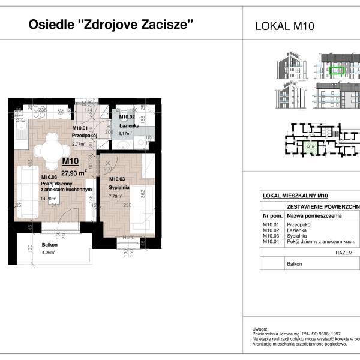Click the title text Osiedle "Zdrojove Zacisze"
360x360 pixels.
(111, 25)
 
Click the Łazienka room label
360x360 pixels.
(129, 127)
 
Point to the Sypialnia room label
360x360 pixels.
(119, 187)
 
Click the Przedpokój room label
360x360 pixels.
(85, 136)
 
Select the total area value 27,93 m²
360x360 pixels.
(74, 171)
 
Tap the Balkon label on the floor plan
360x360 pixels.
(50, 245)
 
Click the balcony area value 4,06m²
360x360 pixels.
(48, 253)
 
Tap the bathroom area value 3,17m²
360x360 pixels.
(126, 134)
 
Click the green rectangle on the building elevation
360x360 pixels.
(337, 70)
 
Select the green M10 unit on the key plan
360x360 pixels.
(310, 146)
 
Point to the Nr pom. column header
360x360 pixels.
(272, 215)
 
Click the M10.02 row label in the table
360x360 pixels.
(272, 230)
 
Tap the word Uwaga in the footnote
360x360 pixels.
(260, 329)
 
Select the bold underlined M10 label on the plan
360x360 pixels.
(70, 161)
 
